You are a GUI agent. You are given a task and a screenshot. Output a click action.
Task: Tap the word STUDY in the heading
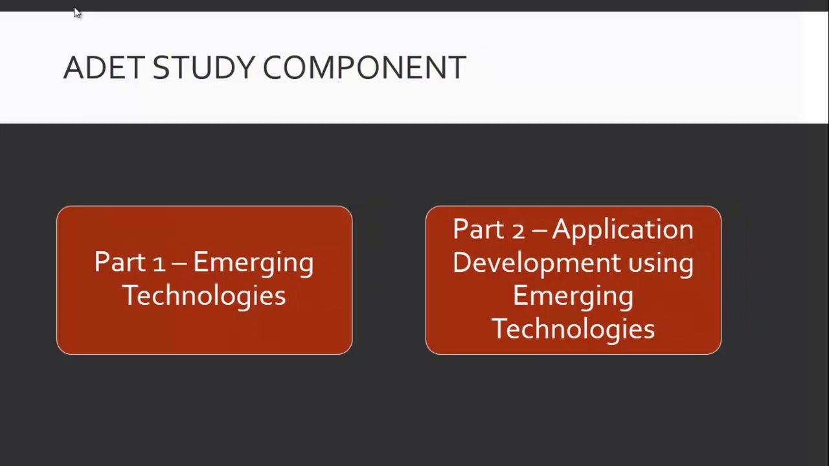(x=203, y=68)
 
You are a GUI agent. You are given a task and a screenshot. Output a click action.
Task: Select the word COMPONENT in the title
(x=365, y=68)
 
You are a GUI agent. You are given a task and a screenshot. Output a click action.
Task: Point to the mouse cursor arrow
(x=77, y=13)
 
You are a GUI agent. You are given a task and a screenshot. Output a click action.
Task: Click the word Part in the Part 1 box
(x=120, y=262)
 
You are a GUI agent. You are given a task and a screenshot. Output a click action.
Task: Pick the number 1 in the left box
(x=159, y=263)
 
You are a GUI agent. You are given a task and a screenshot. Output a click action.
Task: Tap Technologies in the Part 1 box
(x=204, y=296)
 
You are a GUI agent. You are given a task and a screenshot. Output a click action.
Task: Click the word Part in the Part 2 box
(x=478, y=229)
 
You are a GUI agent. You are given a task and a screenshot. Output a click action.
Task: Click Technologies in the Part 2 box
(x=573, y=329)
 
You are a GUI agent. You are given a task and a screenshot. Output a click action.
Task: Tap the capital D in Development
(x=462, y=263)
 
